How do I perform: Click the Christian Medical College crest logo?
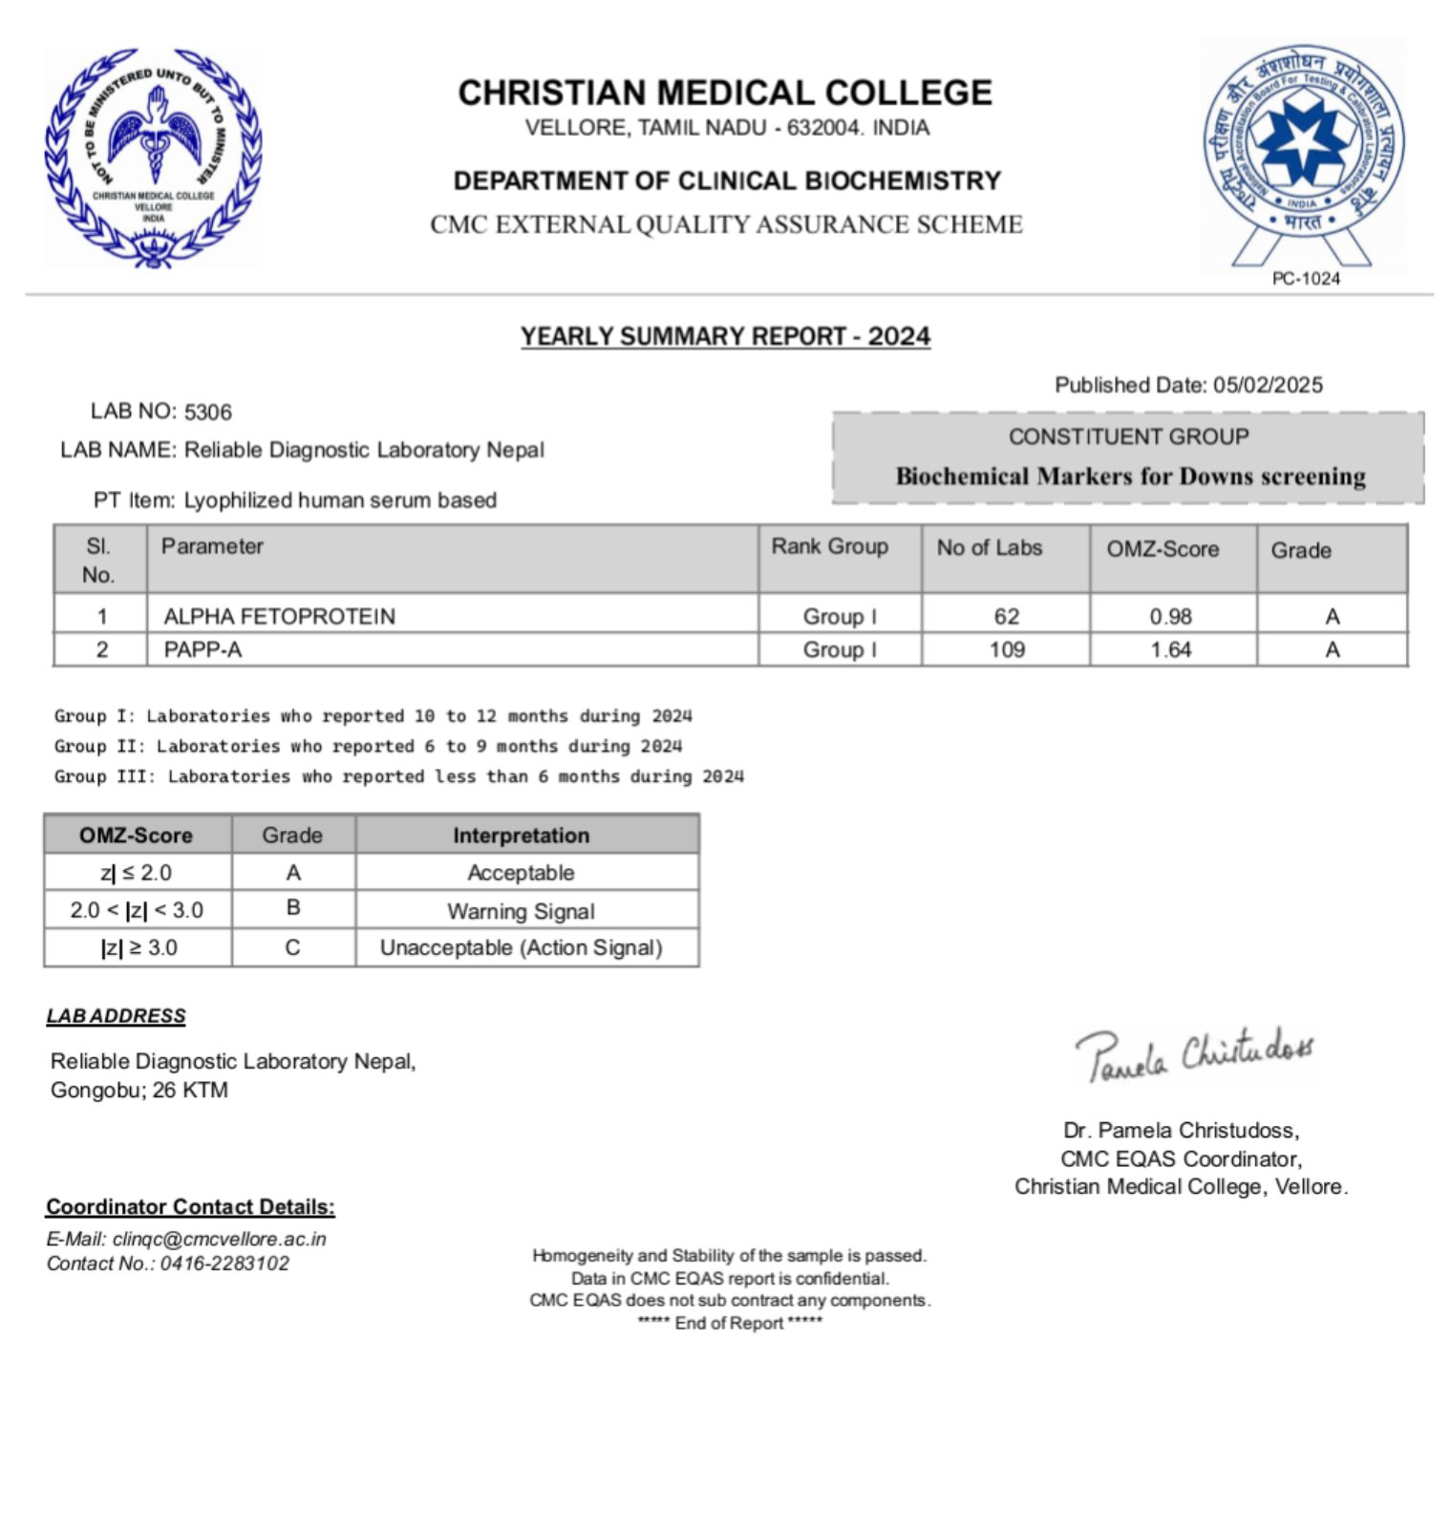click(x=153, y=158)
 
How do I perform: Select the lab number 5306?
click(x=208, y=412)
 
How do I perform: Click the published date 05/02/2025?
click(x=1268, y=385)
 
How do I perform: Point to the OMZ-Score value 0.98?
click(x=1170, y=616)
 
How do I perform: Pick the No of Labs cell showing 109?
click(x=1006, y=649)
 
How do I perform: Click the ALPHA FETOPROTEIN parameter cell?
click(x=279, y=616)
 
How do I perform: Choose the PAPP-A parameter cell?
click(x=203, y=649)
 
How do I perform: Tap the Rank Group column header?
click(x=829, y=546)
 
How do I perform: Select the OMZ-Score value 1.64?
click(x=1170, y=649)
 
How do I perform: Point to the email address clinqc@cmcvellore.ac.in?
click(x=219, y=1239)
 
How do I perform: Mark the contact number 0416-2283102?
click(x=224, y=1263)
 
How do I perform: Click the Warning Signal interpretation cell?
click(x=521, y=911)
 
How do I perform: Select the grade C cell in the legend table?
click(x=292, y=947)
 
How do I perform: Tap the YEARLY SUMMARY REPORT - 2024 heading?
click(x=725, y=336)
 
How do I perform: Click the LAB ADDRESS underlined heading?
click(x=116, y=1016)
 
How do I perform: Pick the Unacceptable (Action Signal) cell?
click(x=521, y=947)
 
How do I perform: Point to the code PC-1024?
click(x=1305, y=278)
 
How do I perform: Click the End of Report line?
click(x=729, y=1323)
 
